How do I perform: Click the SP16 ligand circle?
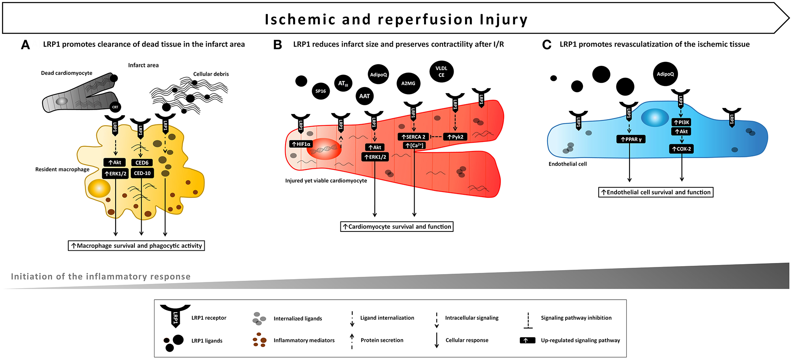click(x=321, y=91)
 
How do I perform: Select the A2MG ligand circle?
click(x=408, y=83)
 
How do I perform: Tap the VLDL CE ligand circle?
click(x=441, y=71)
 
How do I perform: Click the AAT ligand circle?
click(x=364, y=96)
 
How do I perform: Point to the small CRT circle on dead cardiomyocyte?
click(x=115, y=107)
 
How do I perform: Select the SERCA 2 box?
click(x=413, y=137)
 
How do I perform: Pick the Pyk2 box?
click(x=455, y=137)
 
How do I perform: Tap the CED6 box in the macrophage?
click(x=142, y=162)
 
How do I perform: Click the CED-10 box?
click(x=142, y=173)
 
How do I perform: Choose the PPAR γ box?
click(x=631, y=139)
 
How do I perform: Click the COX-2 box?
click(x=681, y=149)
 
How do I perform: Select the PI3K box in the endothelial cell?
click(x=681, y=122)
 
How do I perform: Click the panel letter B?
click(x=278, y=45)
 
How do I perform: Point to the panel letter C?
click(x=547, y=45)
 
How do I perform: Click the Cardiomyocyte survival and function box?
click(x=397, y=227)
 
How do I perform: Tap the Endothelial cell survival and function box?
click(x=656, y=192)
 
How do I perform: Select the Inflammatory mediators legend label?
click(x=304, y=340)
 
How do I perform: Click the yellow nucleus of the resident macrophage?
click(x=99, y=188)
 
